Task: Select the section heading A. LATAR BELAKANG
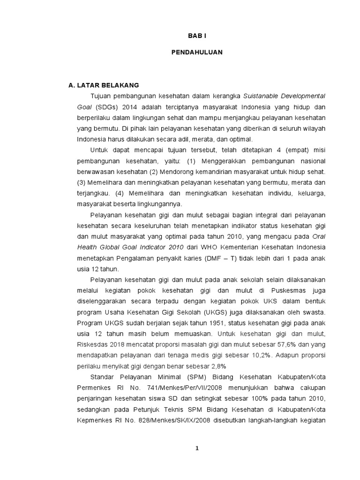[104, 85]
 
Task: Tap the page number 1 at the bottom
[197, 448]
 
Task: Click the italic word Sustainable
[260, 96]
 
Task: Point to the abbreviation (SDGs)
[106, 106]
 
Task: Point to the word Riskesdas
[95, 345]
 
